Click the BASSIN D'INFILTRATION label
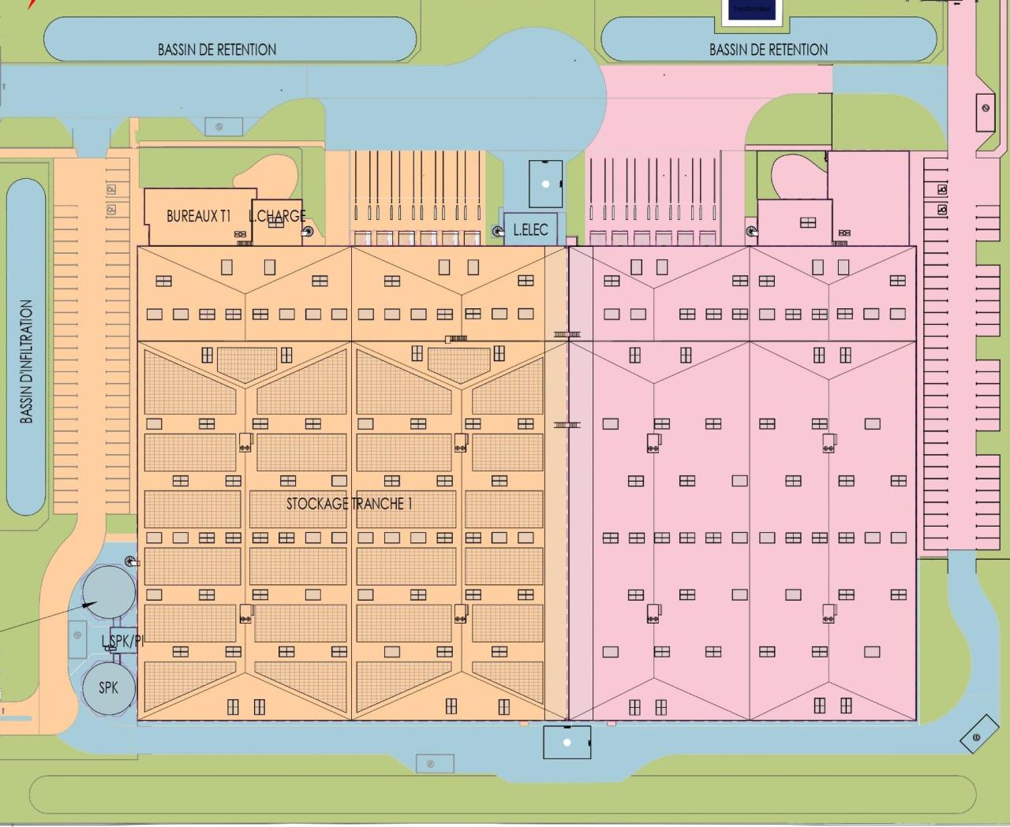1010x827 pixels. pos(27,362)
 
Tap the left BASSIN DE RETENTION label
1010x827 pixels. pos(217,50)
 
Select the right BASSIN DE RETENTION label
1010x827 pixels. pos(769,50)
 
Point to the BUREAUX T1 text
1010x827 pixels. pos(198,216)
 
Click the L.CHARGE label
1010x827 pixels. pos(277,215)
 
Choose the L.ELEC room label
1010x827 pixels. pos(530,230)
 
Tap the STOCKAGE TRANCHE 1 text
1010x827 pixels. pos(349,504)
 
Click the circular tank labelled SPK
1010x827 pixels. pos(109,687)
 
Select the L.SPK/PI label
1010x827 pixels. pos(122,641)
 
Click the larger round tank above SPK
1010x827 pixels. pos(110,592)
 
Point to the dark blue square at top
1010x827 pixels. pos(751,10)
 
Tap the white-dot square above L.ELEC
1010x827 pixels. pos(545,184)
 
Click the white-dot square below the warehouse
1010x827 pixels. pos(567,743)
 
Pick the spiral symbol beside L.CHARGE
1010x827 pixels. pos(307,232)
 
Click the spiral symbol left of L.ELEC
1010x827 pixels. pos(497,232)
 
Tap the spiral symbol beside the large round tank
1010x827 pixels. pos(130,562)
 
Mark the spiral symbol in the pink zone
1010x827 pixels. pos(750,231)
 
